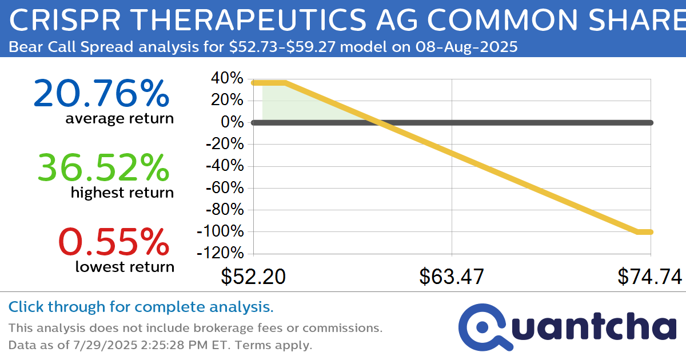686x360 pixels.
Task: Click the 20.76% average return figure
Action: tap(101, 93)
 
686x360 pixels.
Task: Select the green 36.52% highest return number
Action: tap(103, 168)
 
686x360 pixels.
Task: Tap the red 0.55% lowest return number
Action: tap(114, 242)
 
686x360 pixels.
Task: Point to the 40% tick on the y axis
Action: tap(227, 78)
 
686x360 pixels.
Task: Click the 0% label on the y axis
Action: tap(232, 122)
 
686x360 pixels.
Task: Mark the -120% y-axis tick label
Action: tap(220, 253)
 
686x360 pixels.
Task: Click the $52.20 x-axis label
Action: tap(253, 277)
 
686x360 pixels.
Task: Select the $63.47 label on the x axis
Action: tap(452, 277)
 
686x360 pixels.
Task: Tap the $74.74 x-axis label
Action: tap(650, 277)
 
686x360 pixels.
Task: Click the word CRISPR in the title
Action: tap(65, 20)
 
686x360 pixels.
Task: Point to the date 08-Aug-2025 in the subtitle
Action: tap(466, 47)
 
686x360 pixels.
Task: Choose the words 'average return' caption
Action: tap(119, 118)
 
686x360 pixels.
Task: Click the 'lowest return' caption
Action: tap(125, 267)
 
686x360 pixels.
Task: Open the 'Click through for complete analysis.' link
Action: tap(141, 307)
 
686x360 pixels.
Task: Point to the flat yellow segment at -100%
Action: tap(644, 232)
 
